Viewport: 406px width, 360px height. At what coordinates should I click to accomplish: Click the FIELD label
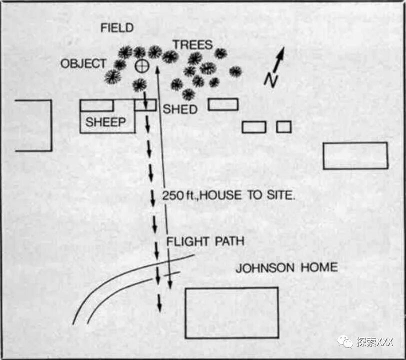[117, 28]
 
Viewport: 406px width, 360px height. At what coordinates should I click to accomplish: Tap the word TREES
[192, 44]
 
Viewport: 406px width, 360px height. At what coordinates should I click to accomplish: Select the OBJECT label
[83, 64]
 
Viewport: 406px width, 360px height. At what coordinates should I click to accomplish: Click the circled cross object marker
[142, 65]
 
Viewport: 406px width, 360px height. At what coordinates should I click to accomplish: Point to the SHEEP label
[105, 122]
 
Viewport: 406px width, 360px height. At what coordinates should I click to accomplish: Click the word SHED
[180, 109]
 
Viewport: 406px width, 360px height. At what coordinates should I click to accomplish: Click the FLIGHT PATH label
[205, 241]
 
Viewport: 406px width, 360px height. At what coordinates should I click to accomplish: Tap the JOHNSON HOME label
[286, 267]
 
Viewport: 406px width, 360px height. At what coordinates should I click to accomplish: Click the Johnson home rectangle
[231, 312]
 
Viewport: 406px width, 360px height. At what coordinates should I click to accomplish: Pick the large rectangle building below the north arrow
[355, 155]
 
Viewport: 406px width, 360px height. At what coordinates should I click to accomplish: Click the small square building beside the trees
[283, 127]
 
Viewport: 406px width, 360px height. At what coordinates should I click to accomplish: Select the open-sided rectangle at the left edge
[33, 125]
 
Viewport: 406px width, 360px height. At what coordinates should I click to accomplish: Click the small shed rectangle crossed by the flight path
[145, 105]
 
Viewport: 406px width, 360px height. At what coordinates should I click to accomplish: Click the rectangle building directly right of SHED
[223, 104]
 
